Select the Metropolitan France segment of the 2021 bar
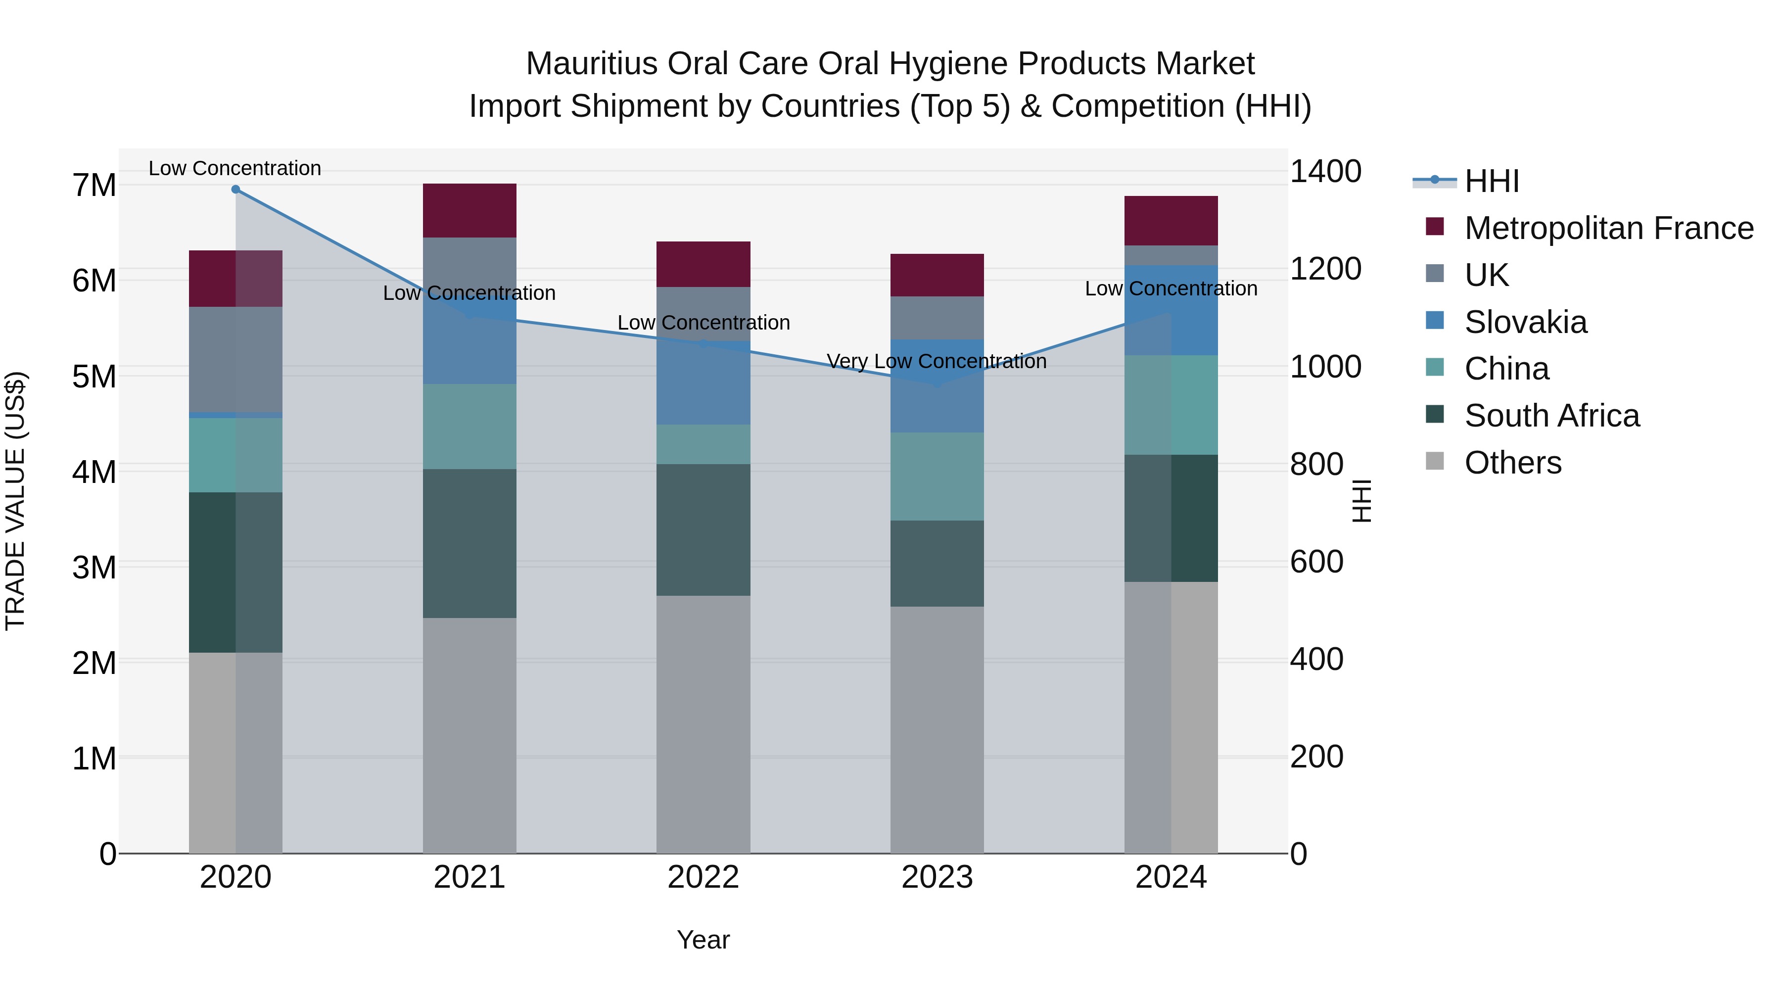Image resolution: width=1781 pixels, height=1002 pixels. point(469,210)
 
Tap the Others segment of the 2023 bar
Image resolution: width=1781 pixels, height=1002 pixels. point(937,729)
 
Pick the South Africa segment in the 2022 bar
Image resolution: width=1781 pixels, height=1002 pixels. point(703,529)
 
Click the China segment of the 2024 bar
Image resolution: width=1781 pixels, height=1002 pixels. point(1171,405)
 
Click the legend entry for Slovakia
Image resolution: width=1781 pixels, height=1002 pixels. point(1525,322)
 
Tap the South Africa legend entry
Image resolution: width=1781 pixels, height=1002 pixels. point(1551,416)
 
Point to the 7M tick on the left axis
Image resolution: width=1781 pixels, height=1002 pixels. point(94,186)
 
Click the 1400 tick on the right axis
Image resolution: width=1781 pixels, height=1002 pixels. point(1325,172)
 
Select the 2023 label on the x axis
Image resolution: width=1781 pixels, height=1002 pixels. point(937,877)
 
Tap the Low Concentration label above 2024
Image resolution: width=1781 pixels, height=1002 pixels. point(1171,288)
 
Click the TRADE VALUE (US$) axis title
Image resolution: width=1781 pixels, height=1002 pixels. point(15,501)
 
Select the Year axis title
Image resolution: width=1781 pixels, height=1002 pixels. point(703,940)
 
